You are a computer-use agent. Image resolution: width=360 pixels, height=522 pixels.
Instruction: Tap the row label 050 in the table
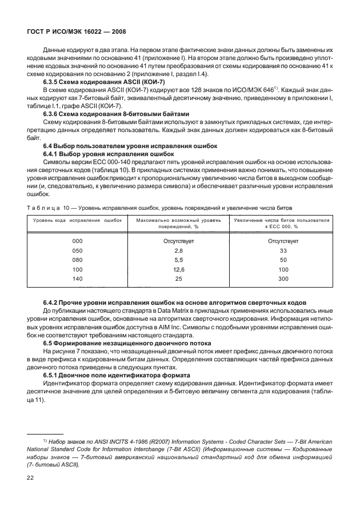click(78, 251)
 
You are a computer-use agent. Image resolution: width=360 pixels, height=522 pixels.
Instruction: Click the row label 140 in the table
click(78, 278)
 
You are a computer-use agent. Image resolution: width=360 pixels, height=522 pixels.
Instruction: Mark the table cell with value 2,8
click(178, 251)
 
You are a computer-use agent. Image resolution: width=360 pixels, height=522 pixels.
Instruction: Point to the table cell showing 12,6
click(178, 269)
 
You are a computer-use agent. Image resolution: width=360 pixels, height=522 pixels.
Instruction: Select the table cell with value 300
click(282, 278)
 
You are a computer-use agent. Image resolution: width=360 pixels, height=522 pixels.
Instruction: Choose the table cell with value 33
click(282, 251)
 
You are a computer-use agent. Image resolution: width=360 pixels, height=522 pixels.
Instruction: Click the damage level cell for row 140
click(178, 278)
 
